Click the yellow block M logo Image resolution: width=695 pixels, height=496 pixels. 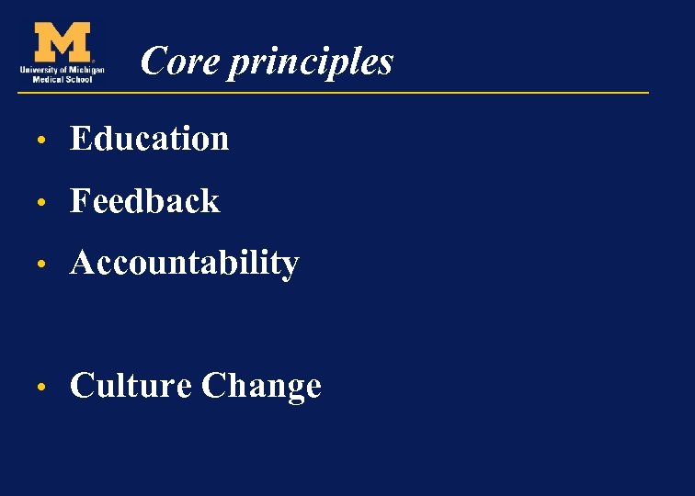pos(62,42)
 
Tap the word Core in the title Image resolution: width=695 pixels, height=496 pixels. pos(167,62)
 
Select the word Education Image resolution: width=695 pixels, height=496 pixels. pos(149,139)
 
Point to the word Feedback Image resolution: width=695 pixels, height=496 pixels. pos(144,201)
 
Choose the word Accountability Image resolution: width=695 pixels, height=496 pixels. pos(184,264)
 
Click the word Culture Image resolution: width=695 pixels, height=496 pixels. pos(130,386)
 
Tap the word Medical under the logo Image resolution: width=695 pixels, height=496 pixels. pos(49,78)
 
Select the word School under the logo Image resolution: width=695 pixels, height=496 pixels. pos(78,78)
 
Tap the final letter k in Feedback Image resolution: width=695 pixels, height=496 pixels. pos(211,201)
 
